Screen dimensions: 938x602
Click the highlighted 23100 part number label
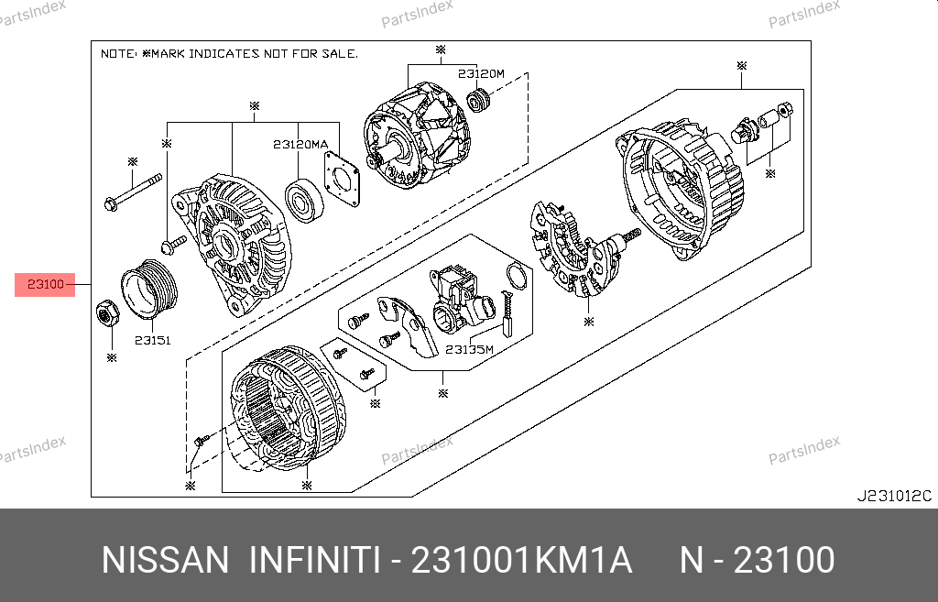pos(46,284)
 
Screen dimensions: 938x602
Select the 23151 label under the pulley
pos(153,341)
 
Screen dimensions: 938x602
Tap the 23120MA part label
pos(300,144)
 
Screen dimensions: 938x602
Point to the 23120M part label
pos(481,73)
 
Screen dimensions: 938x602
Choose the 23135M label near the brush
pos(469,349)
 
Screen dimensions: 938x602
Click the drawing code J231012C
pos(894,496)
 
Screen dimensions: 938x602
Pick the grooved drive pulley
pos(149,288)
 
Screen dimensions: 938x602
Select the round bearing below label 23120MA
pos(304,201)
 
